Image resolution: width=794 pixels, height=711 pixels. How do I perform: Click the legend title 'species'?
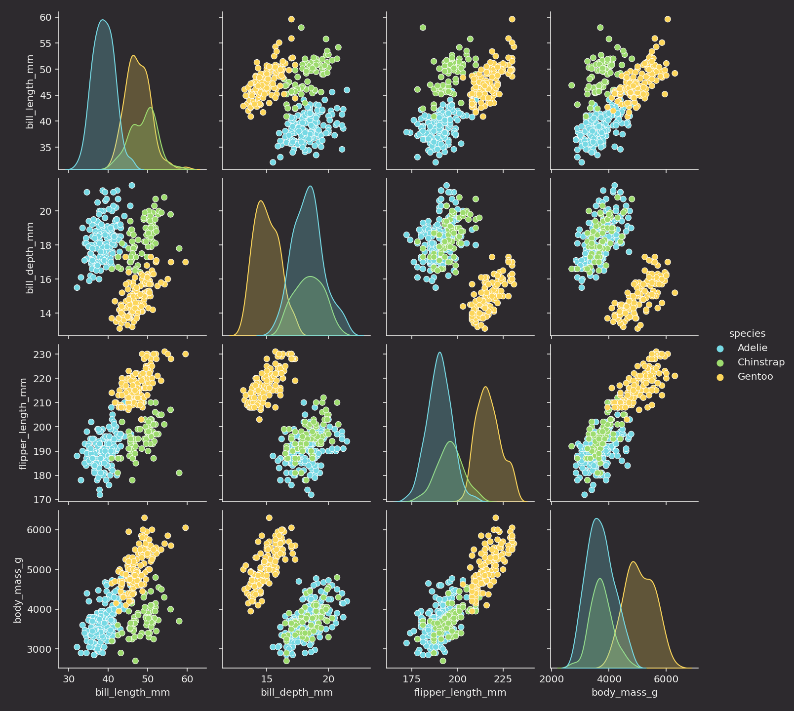747,333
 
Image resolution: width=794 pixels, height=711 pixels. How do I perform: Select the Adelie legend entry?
752,348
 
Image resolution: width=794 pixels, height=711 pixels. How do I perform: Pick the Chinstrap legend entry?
760,362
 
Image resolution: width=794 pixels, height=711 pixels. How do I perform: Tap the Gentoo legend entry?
755,377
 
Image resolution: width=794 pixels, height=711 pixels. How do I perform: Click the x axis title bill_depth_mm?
296,693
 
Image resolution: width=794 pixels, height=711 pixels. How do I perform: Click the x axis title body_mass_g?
624,693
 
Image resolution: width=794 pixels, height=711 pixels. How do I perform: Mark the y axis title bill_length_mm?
30,92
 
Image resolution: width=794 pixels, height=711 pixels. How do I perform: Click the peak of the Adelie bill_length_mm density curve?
103,20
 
